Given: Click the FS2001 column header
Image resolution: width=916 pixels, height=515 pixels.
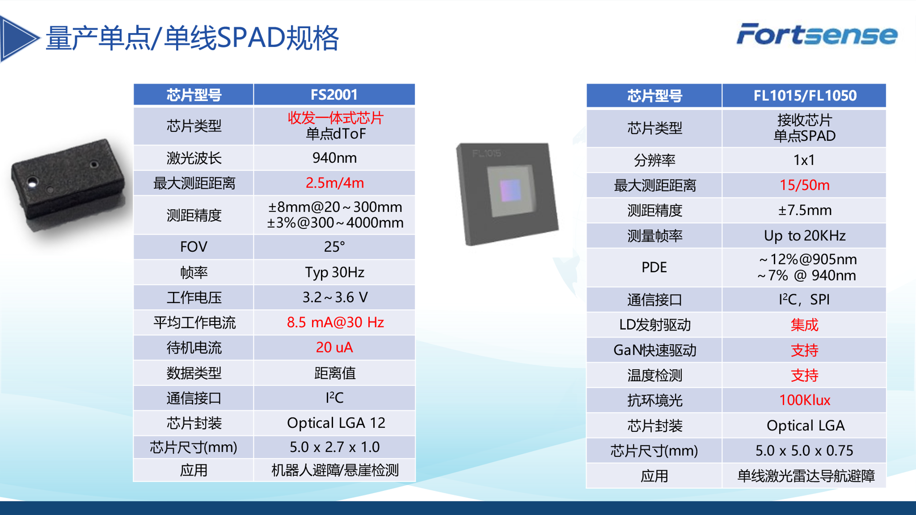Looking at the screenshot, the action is (334, 95).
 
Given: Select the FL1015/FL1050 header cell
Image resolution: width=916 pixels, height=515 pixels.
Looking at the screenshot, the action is (805, 96).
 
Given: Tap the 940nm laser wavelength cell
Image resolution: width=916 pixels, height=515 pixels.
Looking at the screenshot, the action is (334, 158).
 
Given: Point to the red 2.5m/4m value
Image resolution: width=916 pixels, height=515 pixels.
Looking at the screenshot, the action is (335, 183).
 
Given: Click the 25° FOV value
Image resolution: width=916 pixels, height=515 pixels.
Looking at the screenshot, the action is (334, 247).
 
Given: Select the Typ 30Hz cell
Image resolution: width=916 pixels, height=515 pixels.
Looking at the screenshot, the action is (335, 273).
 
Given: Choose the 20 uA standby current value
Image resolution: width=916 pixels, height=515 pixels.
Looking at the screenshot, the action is (334, 347).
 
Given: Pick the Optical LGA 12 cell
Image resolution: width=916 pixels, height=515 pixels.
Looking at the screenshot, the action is (336, 423).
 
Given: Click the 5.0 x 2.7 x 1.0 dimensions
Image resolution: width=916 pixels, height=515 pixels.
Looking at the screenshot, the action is (335, 447).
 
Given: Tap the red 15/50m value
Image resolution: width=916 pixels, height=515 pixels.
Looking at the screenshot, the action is (804, 185).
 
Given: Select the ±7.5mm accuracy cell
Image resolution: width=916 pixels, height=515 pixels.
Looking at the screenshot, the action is (805, 211).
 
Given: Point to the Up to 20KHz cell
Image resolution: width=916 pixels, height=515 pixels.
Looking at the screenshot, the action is (805, 236).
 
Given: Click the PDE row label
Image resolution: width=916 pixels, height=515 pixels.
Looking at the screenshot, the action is (654, 267).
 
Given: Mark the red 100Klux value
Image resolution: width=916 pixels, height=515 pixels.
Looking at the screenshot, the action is (805, 400).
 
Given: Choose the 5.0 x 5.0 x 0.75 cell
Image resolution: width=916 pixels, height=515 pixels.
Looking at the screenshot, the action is (804, 451).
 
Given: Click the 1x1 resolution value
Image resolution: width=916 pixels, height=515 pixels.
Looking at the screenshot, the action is (804, 160).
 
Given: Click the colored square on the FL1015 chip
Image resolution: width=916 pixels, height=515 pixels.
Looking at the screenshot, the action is (510, 190).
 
